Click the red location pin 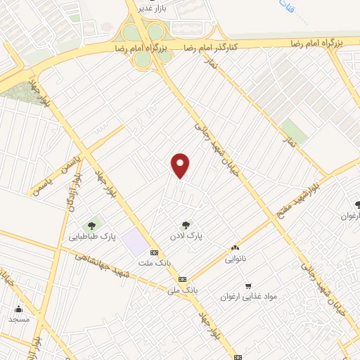click(x=181, y=165)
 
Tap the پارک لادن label click(x=189, y=238)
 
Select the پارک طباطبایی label click(x=92, y=238)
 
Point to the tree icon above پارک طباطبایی click(x=91, y=226)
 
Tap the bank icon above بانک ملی click(x=182, y=278)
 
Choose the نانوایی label click(x=236, y=259)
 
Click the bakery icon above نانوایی click(x=235, y=247)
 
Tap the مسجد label click(x=19, y=319)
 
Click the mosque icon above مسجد click(x=18, y=308)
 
